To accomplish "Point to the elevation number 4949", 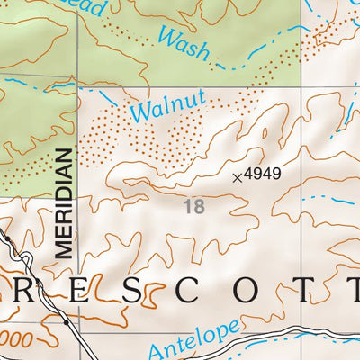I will click(x=266, y=175).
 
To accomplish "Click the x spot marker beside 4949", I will click(x=238, y=177).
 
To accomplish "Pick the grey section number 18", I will click(x=193, y=207).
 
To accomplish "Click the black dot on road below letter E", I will click(x=67, y=320).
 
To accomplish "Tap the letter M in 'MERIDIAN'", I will click(x=62, y=251).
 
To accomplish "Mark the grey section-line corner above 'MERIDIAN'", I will click(x=77, y=88).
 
